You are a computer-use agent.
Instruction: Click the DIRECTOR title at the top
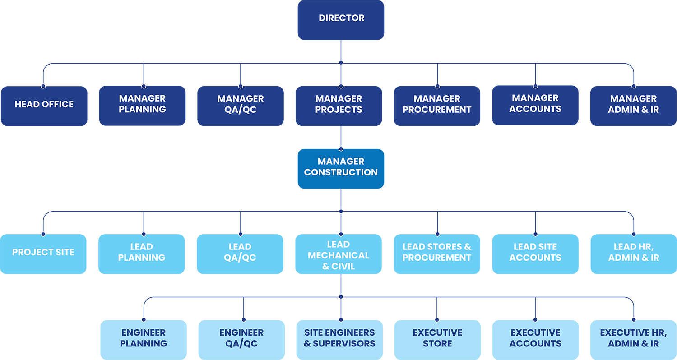pos(341,18)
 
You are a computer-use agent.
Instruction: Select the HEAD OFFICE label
pos(44,104)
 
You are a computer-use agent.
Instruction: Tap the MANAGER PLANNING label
pos(142,104)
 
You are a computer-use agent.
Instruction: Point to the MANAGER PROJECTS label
pos(339,104)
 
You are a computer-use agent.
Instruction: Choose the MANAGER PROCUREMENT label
pos(437,104)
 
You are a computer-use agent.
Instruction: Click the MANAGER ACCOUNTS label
pos(535,103)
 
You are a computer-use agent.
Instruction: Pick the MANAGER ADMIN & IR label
pos(633,104)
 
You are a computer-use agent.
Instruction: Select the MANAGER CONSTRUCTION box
pos(341,166)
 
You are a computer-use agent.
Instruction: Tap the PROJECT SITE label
pos(43,252)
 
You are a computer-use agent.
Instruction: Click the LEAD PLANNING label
pos(142,252)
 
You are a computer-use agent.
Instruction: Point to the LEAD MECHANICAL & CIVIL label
pos(338,255)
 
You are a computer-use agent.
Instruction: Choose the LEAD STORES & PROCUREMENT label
pos(437,252)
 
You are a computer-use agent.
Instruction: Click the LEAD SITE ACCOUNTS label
pos(535,252)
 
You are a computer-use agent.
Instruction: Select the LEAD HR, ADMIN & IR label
pos(634,252)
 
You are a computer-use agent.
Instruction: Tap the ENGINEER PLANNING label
pos(144,338)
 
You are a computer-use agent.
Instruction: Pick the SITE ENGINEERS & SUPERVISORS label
pos(339,338)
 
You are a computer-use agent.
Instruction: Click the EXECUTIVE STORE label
pos(437,338)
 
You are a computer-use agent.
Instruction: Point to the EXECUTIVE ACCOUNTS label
pos(535,338)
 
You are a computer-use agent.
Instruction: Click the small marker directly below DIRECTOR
pos(341,63)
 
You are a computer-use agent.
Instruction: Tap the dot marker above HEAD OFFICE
pos(43,85)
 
